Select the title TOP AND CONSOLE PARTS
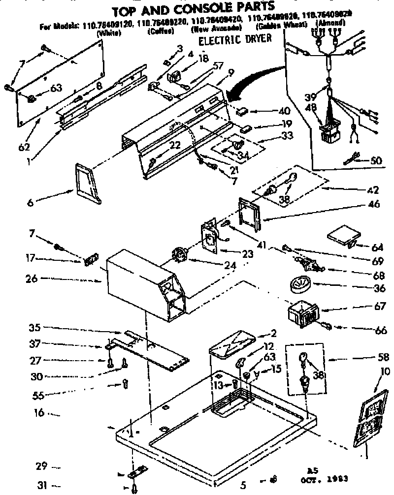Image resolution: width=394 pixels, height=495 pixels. tap(193, 8)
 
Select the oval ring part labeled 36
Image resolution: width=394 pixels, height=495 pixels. tap(298, 284)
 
